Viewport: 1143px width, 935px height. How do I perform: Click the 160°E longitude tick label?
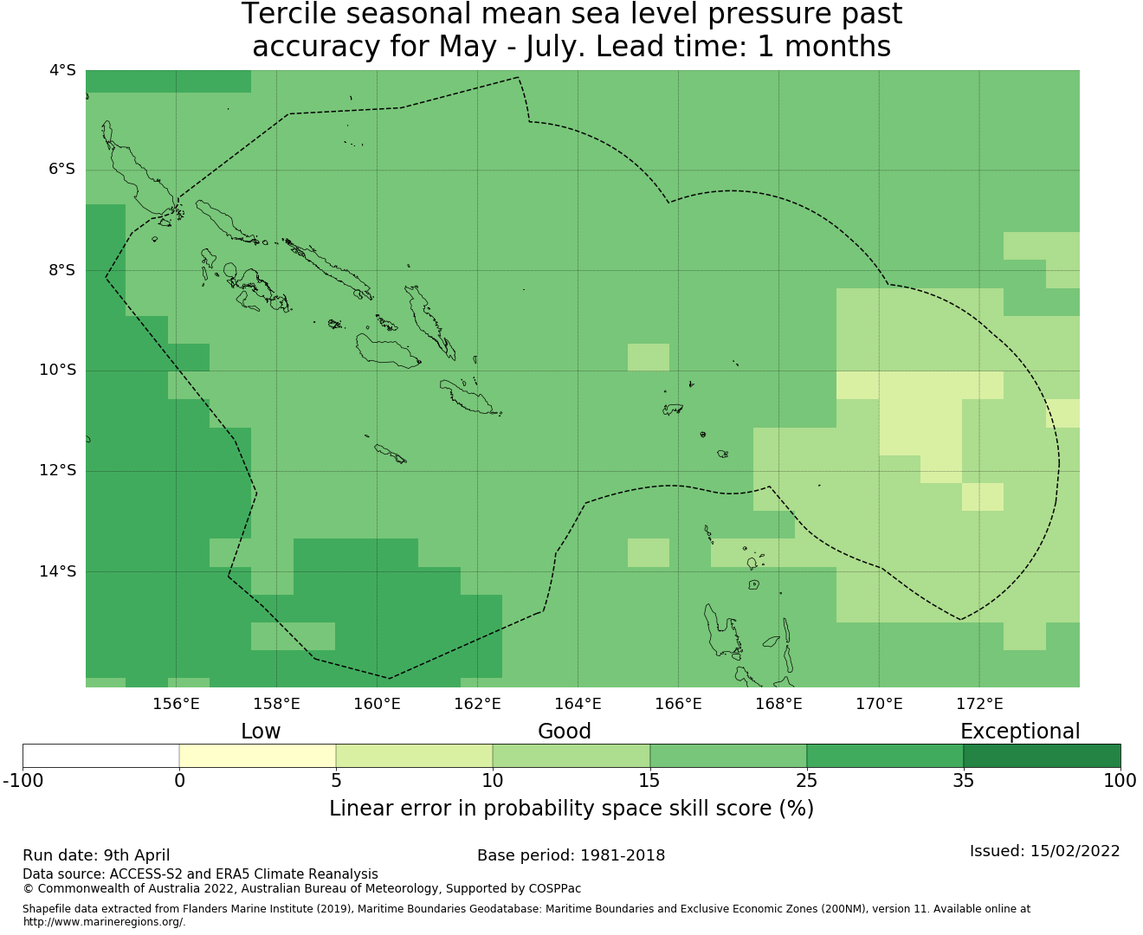click(377, 704)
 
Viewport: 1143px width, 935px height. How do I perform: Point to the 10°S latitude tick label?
click(57, 371)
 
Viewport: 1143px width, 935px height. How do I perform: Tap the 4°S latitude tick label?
click(62, 70)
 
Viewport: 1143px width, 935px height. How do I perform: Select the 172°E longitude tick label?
click(979, 704)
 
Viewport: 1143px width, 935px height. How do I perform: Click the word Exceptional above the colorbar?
click(1020, 732)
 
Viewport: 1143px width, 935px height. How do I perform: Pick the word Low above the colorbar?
click(261, 732)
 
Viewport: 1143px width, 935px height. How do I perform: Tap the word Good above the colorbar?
click(565, 732)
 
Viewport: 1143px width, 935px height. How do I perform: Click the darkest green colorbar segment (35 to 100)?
click(1042, 756)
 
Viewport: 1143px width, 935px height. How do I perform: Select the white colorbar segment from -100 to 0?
click(100, 756)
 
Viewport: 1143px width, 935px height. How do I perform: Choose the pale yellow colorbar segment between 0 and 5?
click(257, 756)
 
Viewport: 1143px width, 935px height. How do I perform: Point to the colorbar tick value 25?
click(806, 781)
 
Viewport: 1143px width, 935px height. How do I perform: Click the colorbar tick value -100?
click(23, 781)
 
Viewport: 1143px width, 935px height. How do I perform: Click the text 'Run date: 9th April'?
click(96, 855)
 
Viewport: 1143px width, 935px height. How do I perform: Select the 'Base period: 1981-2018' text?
click(571, 855)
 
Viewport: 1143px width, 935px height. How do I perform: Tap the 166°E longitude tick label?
click(678, 704)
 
